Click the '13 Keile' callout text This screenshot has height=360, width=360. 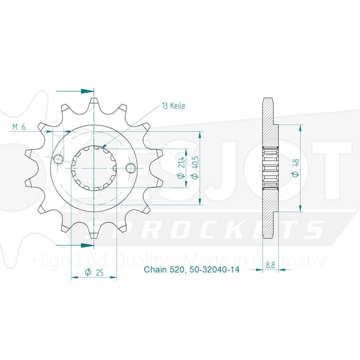click(173, 106)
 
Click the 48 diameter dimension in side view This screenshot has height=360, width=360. click(296, 168)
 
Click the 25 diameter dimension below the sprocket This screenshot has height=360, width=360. click(94, 273)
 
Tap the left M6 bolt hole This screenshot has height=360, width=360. click(58, 159)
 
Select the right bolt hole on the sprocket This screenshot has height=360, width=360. click(131, 168)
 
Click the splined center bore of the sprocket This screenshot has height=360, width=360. click(94, 168)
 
